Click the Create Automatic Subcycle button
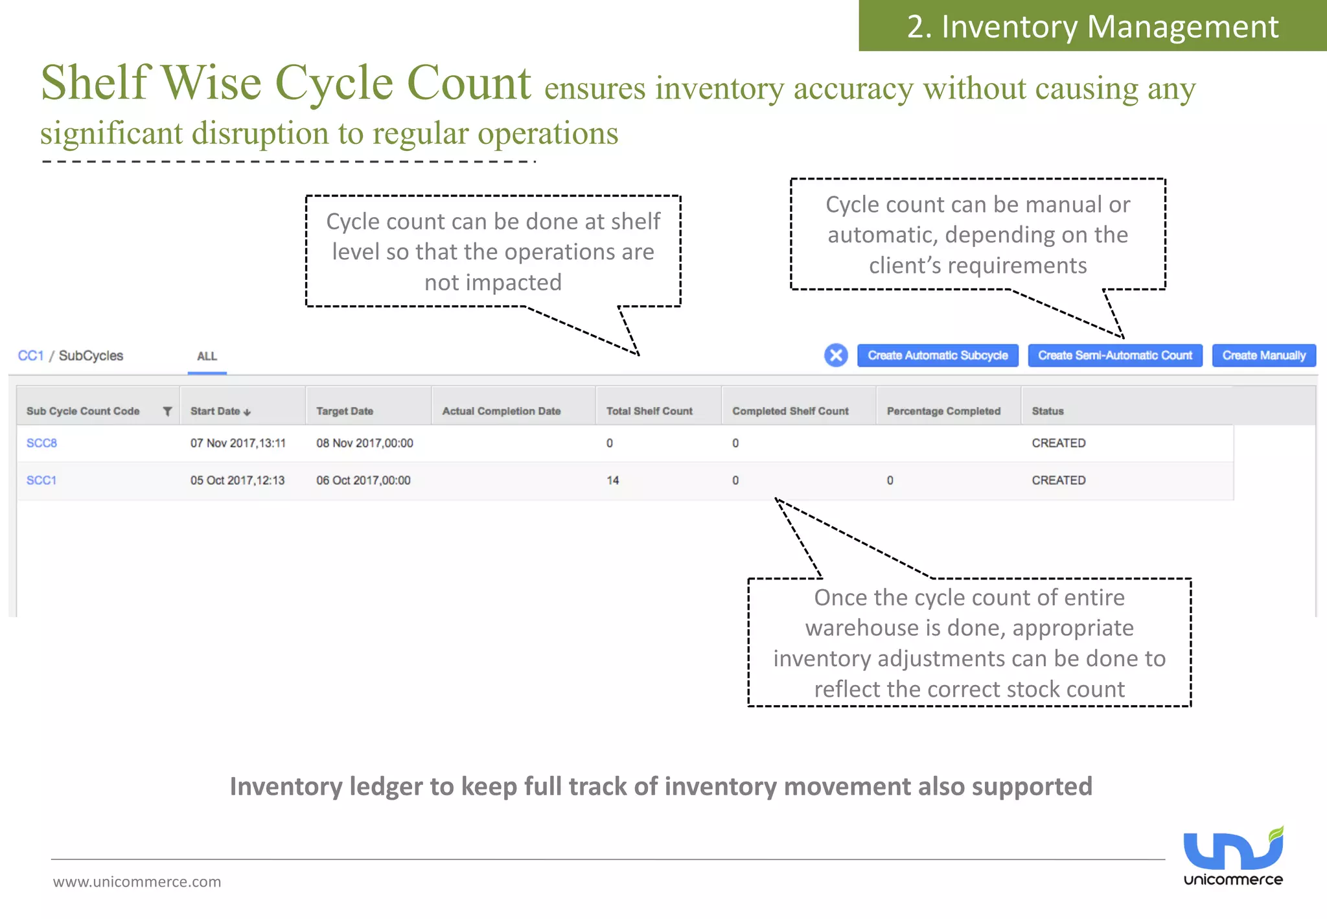pyautogui.click(x=937, y=356)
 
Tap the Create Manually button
pyautogui.click(x=1264, y=356)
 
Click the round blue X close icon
pyautogui.click(x=836, y=355)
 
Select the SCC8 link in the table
pyautogui.click(x=41, y=443)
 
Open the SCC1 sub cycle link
pyautogui.click(x=41, y=480)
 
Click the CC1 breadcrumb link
pyautogui.click(x=30, y=356)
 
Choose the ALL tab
pyautogui.click(x=207, y=356)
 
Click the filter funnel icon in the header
pyautogui.click(x=167, y=411)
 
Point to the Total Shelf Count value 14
pyautogui.click(x=612, y=480)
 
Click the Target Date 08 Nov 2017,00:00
pyautogui.click(x=364, y=443)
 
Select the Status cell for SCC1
pyautogui.click(x=1058, y=480)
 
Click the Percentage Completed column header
pyautogui.click(x=943, y=411)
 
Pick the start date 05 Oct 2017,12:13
pyautogui.click(x=237, y=480)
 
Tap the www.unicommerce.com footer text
pyautogui.click(x=137, y=881)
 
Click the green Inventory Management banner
pyautogui.click(x=1092, y=26)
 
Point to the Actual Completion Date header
pyautogui.click(x=501, y=411)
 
